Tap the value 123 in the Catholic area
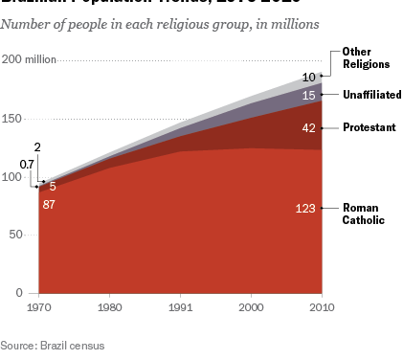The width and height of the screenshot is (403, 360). point(306,208)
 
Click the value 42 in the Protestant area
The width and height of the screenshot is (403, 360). point(309,126)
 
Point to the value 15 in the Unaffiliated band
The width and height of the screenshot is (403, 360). point(309,95)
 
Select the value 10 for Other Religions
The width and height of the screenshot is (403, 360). point(309,77)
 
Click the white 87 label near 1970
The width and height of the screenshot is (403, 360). point(49,205)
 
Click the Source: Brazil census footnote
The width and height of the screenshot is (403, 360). point(53,345)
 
